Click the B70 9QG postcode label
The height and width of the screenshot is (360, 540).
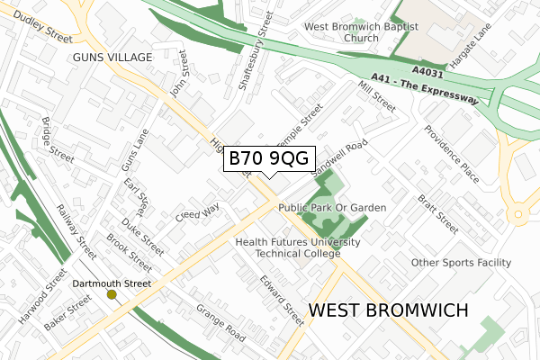coord(267,158)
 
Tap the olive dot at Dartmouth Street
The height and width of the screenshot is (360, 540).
coord(112,294)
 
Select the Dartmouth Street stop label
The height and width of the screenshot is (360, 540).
coord(112,283)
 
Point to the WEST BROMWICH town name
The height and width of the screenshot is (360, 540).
coord(388,310)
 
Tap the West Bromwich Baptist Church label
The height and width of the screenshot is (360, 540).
coord(361,32)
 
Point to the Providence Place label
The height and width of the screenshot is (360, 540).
coord(451,154)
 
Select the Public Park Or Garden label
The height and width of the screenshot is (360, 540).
coord(332,208)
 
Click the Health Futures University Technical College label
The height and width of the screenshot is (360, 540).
coord(298,248)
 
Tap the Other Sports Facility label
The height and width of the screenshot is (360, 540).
coord(461,263)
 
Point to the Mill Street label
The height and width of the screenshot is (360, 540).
coord(376,95)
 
